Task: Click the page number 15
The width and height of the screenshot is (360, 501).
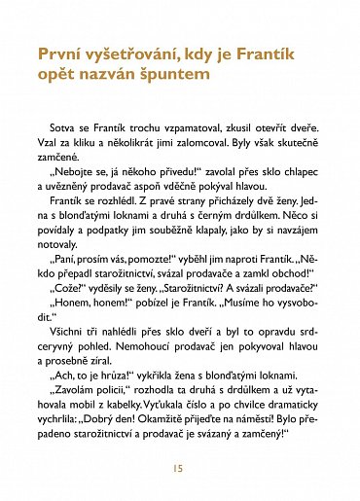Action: (x=179, y=467)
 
